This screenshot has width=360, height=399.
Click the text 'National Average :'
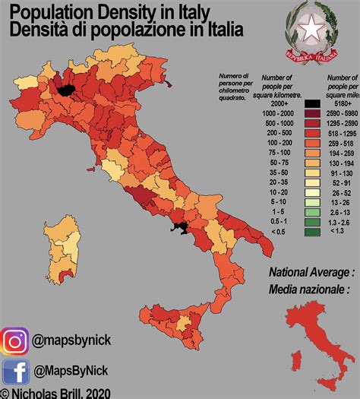[x=311, y=271]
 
